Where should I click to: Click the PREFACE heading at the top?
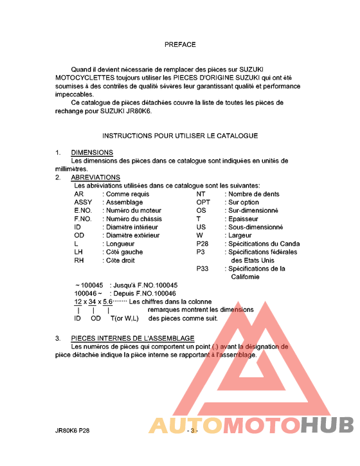(180, 45)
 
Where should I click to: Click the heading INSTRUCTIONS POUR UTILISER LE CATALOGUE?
(180, 136)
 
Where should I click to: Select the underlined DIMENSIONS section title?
(92, 152)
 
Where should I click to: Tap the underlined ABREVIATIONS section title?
(95, 177)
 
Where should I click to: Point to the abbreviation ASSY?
(83, 202)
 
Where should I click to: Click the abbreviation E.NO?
(83, 210)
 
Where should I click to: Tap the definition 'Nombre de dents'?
(254, 193)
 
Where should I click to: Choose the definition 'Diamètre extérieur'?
(132, 235)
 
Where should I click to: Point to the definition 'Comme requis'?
(127, 193)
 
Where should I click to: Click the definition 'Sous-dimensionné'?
(256, 227)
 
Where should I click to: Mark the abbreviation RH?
(79, 260)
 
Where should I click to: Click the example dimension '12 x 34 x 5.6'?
(93, 301)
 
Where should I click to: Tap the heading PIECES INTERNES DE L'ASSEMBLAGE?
(132, 338)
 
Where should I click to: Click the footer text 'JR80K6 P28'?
(72, 431)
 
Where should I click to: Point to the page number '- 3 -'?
(192, 431)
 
